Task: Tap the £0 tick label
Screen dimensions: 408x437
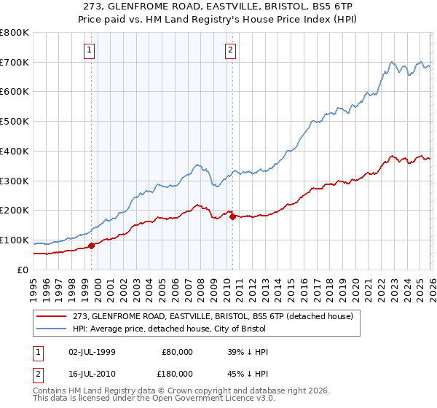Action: pyautogui.click(x=23, y=270)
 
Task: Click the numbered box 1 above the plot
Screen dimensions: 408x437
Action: pyautogui.click(x=89, y=50)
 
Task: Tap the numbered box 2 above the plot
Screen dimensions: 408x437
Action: pyautogui.click(x=230, y=50)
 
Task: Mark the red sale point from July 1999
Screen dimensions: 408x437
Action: pyautogui.click(x=92, y=246)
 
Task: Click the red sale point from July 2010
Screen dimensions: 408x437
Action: pyautogui.click(x=232, y=216)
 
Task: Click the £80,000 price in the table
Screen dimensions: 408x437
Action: pyautogui.click(x=178, y=352)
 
